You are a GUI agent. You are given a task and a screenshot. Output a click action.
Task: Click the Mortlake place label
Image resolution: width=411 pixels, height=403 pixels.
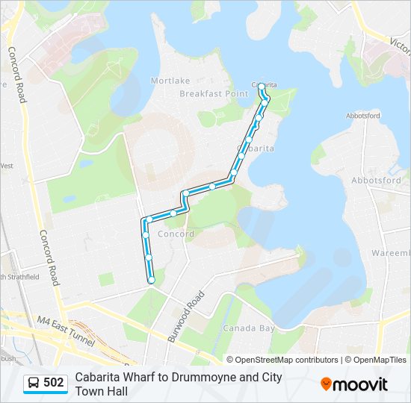coord(170,81)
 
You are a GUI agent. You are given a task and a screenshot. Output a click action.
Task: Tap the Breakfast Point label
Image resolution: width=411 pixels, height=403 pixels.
coord(213,93)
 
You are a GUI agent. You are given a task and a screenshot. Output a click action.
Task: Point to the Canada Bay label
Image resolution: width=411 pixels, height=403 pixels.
coord(249,328)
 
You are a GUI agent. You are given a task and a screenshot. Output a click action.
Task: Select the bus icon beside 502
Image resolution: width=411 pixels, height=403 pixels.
coord(34,383)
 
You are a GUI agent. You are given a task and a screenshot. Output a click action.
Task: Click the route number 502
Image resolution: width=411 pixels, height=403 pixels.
coord(54,383)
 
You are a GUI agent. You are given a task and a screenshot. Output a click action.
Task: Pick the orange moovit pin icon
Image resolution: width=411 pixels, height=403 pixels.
coord(326,384)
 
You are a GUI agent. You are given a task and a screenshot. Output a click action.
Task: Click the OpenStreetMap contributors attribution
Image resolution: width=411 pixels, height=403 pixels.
coord(286,360)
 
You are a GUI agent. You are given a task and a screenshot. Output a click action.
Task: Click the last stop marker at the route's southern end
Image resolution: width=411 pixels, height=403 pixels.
coord(152,280)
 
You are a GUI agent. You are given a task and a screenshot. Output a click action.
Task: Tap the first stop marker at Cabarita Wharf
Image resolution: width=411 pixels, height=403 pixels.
coord(262,85)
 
